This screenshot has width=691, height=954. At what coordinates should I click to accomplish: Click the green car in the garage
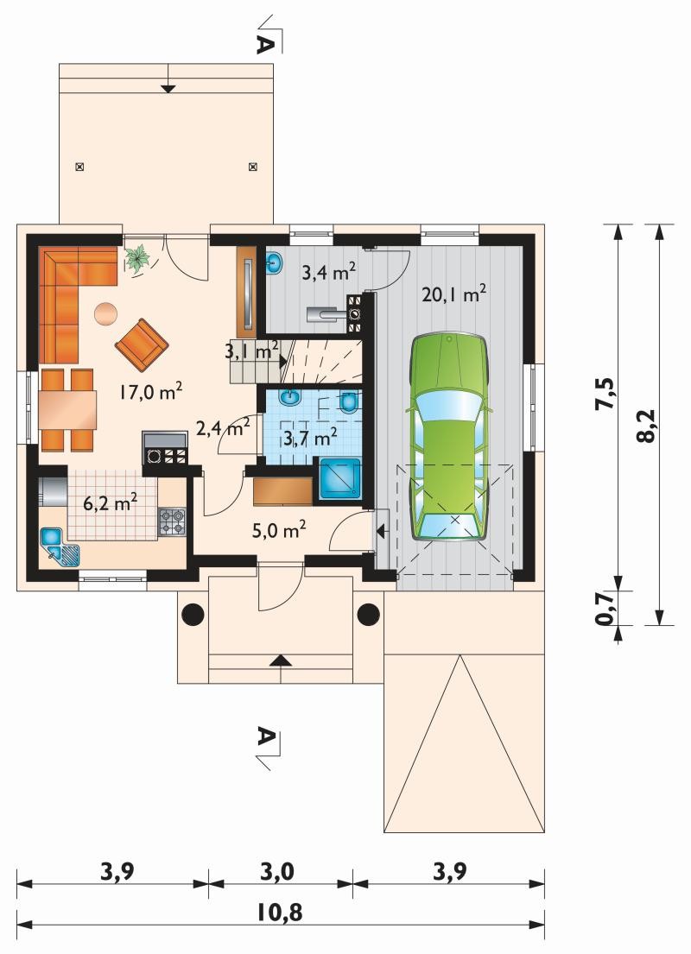[449, 437]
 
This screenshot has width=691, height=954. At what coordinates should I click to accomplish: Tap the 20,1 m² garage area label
[453, 295]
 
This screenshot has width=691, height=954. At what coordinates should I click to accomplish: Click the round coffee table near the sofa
[105, 314]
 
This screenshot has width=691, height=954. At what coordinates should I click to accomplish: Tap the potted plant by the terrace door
[137, 258]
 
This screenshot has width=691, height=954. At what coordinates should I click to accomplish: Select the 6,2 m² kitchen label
[110, 504]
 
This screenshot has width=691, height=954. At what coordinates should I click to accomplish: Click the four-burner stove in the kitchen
[172, 522]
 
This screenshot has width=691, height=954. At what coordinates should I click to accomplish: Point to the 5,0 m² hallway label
[279, 531]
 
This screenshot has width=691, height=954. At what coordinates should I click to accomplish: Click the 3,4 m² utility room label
[329, 272]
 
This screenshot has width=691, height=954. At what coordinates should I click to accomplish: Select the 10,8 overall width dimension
[280, 913]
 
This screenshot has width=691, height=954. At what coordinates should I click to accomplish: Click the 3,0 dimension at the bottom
[277, 872]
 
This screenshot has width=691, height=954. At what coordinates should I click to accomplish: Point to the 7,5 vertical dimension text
[606, 395]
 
